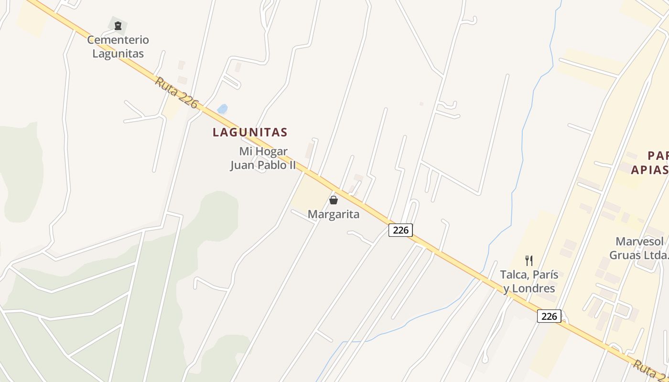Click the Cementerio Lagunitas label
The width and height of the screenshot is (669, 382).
pos(118,46)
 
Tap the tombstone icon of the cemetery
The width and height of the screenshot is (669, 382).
pos(118,26)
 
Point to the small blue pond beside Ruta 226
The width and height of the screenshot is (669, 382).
pos(222,109)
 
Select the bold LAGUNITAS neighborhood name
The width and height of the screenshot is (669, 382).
pos(250,132)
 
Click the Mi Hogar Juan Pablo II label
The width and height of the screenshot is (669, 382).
pos(263,159)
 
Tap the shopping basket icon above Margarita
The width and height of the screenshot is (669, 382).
pos(334,200)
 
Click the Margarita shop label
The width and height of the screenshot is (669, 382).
pos(334,214)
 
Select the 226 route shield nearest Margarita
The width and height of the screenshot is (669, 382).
pos(400,230)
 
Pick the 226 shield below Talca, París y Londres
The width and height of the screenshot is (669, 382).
pos(549,316)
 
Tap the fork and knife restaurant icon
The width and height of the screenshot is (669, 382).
pos(529,261)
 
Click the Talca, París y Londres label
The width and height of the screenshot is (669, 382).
pos(529,282)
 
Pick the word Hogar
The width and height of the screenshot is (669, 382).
pos(270,151)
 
